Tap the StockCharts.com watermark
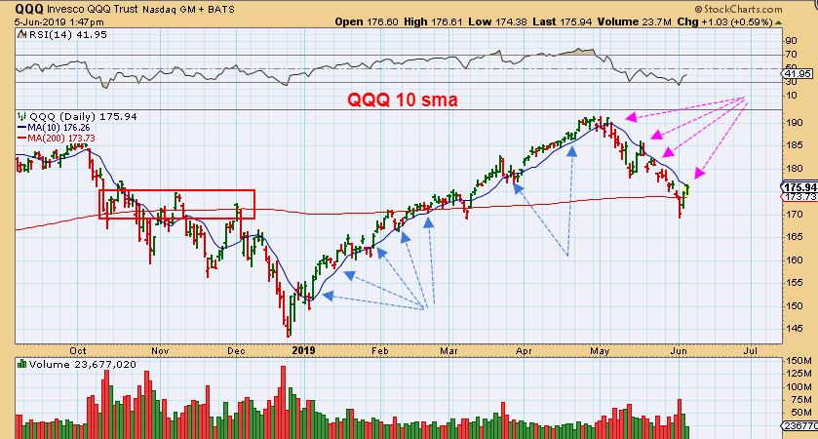point(765,7)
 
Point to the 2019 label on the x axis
point(304,347)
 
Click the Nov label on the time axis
point(161,347)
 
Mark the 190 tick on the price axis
point(797,123)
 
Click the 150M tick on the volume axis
point(799,361)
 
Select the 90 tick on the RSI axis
point(792,40)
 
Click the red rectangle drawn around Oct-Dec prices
point(176,204)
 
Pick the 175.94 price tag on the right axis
point(799,187)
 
